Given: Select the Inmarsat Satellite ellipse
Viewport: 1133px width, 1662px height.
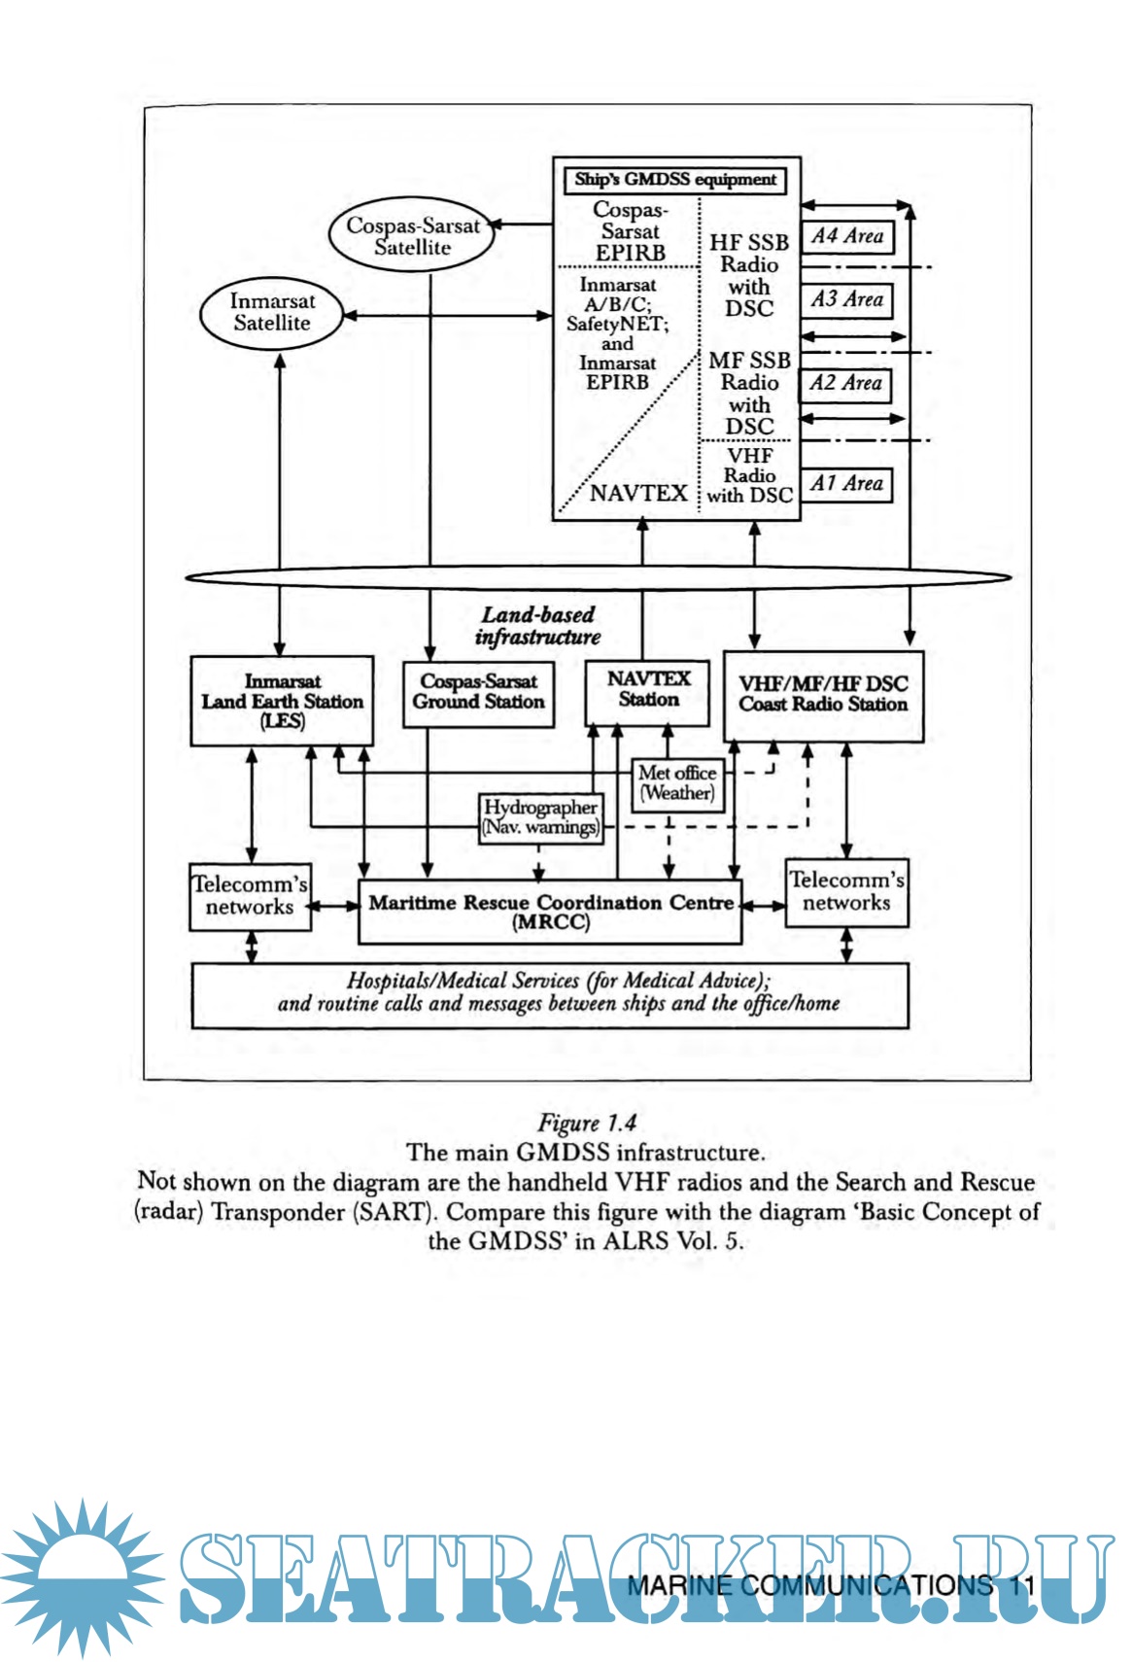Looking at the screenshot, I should [x=272, y=313].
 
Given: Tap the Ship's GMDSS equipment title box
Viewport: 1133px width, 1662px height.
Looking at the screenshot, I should [x=674, y=180].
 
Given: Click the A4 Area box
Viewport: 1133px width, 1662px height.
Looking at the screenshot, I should [x=846, y=236].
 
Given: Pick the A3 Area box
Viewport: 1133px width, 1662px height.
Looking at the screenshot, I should [x=846, y=299].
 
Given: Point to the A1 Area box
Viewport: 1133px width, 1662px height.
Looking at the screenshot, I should [x=846, y=483].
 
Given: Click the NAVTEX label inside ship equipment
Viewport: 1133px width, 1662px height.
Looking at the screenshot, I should [x=638, y=493].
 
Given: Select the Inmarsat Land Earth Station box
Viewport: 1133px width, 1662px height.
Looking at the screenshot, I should [x=282, y=701].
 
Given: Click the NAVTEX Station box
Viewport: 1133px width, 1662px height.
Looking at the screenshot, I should [x=648, y=691].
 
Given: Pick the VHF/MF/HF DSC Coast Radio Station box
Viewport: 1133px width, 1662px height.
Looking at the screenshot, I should [x=823, y=695].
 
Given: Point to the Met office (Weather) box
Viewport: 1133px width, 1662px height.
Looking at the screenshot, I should [x=677, y=783].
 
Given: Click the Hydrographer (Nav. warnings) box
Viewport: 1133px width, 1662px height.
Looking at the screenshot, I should [x=540, y=818].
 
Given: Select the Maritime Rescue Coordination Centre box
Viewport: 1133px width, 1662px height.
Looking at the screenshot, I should [x=550, y=912].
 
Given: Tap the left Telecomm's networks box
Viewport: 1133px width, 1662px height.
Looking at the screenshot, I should [x=250, y=896].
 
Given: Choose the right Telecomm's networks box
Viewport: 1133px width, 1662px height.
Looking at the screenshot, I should [x=846, y=892].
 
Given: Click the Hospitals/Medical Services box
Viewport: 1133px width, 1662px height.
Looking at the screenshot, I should [x=550, y=994].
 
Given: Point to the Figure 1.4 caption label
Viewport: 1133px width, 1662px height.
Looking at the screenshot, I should [x=587, y=1123].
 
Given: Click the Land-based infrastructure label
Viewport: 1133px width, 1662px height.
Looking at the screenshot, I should [x=537, y=626].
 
